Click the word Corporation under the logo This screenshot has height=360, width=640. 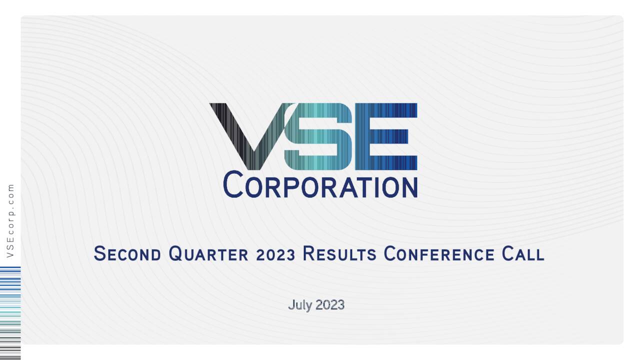click(x=320, y=185)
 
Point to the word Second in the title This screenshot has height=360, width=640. click(x=127, y=254)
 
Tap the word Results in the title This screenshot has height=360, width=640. click(x=339, y=254)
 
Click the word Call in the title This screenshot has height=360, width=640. click(x=523, y=254)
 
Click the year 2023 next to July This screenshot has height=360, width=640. click(x=330, y=305)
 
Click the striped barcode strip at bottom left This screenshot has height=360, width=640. click(x=10, y=312)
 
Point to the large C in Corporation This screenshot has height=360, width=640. click(x=233, y=184)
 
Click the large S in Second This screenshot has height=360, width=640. click(x=100, y=253)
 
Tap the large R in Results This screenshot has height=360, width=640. click(x=309, y=253)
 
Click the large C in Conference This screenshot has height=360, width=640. click(x=390, y=253)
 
